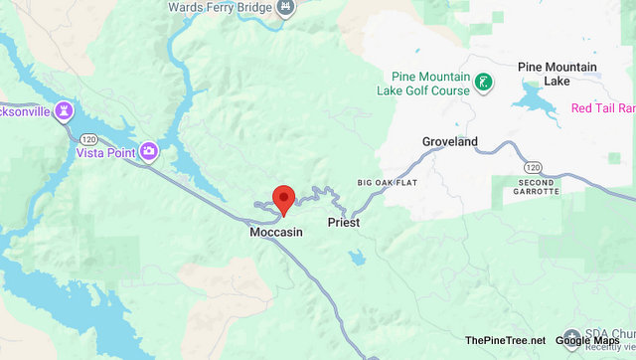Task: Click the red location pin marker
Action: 283,198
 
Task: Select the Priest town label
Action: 343,224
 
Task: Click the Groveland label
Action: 449,142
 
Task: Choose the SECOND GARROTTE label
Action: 538,186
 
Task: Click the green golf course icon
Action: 483,83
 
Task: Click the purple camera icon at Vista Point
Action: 148,151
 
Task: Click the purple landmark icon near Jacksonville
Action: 66,108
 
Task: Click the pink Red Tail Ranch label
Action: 603,107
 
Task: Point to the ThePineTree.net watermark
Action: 504,340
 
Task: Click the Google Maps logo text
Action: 586,340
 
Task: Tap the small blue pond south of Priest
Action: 356,258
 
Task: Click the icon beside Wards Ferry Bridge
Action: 285,8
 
